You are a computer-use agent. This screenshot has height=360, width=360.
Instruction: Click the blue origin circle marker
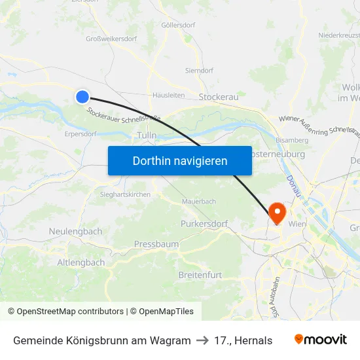tap(82, 97)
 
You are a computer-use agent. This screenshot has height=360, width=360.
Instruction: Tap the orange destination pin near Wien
tap(277, 211)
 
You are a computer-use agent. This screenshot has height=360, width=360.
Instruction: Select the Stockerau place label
tap(219, 96)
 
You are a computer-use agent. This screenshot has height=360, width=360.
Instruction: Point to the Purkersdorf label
tap(204, 224)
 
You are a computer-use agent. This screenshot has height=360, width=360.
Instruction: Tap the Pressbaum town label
tap(156, 244)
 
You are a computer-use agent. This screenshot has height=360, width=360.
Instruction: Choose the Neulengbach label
tap(75, 232)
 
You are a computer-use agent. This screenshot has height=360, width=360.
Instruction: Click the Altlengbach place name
tap(81, 262)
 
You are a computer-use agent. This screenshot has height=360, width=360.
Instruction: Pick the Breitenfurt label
tap(200, 275)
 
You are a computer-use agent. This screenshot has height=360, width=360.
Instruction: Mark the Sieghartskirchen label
tap(125, 194)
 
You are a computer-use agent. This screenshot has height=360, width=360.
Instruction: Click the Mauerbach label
tap(199, 202)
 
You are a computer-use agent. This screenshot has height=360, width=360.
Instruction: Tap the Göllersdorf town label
tap(177, 26)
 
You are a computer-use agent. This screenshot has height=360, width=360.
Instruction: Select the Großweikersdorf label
tap(111, 39)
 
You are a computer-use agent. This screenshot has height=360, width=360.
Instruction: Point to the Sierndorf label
tap(199, 70)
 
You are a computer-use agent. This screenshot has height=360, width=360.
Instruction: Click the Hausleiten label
tap(168, 95)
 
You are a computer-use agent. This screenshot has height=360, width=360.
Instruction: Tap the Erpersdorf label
tap(81, 134)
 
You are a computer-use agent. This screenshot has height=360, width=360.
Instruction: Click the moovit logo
tap(320, 340)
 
